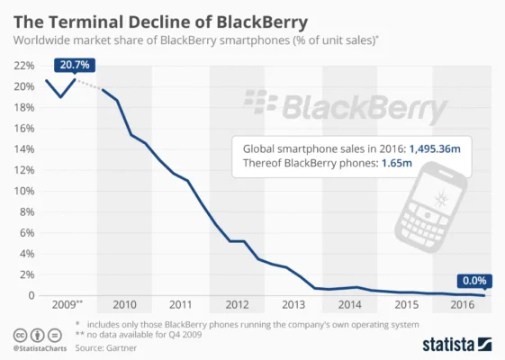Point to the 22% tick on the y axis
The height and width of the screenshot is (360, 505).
[24, 66]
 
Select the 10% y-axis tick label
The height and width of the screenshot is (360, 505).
[24, 191]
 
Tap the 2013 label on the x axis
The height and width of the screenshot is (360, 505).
[293, 305]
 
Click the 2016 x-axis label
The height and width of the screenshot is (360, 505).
[462, 305]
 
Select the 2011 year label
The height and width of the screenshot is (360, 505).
[181, 305]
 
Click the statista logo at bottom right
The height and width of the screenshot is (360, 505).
[456, 344]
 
